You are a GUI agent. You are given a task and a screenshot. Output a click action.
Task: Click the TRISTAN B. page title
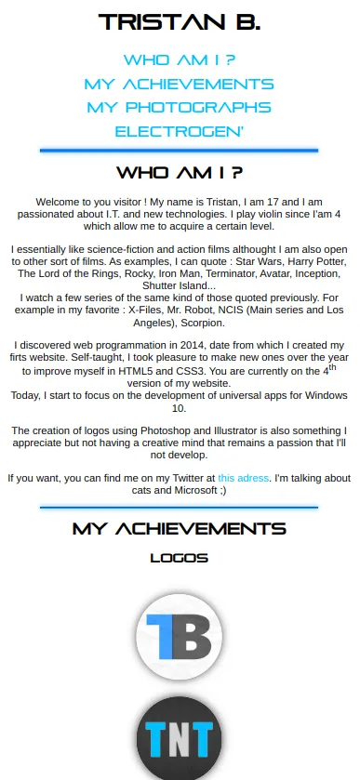tap(180, 21)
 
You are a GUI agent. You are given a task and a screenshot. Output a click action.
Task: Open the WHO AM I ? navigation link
tap(180, 60)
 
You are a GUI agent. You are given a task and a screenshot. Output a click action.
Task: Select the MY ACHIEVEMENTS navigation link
tap(180, 84)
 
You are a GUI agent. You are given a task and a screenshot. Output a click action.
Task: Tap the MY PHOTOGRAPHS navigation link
tap(180, 108)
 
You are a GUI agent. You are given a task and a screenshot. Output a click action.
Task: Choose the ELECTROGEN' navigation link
tap(180, 132)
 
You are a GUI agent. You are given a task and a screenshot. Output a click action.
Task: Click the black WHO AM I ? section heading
tap(180, 173)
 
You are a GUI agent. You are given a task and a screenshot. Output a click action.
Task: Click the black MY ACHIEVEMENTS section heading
tap(180, 529)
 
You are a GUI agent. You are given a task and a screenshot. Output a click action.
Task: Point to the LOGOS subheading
tap(180, 559)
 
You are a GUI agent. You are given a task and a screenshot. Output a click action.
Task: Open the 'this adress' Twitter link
tap(244, 478)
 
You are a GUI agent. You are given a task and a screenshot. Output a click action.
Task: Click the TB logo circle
tap(180, 637)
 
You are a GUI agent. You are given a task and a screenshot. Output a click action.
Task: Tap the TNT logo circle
tap(180, 740)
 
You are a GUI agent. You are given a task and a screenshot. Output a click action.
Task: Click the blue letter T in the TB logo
tap(165, 637)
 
